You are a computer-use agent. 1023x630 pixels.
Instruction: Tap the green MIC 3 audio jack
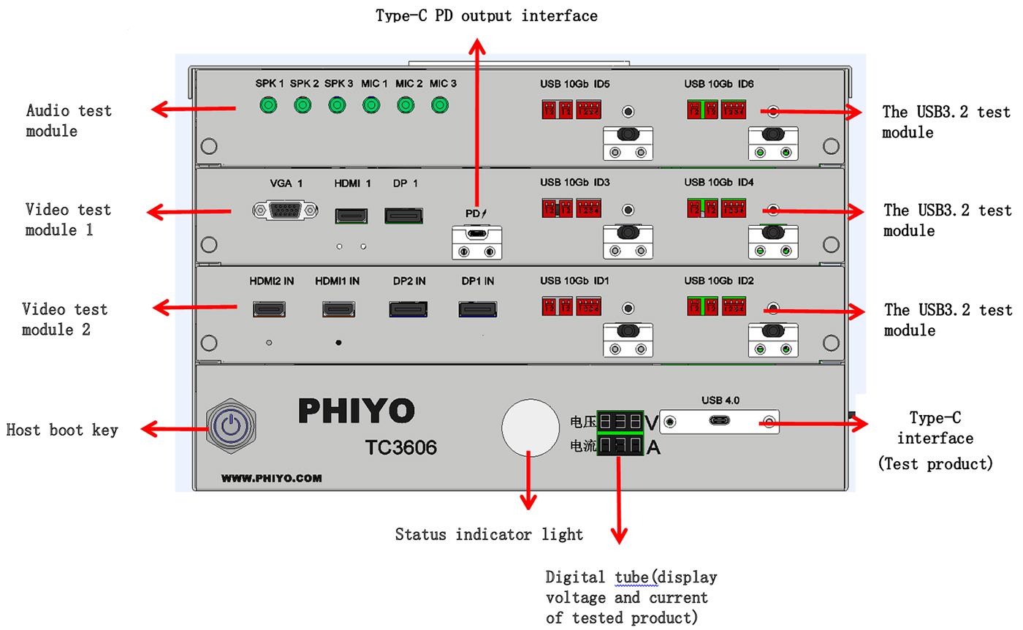(x=439, y=106)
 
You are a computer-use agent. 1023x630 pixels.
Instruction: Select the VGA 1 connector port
(x=285, y=210)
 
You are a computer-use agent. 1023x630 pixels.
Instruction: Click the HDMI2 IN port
(x=270, y=310)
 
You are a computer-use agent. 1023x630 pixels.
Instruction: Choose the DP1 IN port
(x=478, y=310)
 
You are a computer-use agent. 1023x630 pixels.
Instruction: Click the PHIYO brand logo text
(x=357, y=411)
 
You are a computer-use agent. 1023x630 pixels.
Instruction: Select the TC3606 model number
(x=401, y=447)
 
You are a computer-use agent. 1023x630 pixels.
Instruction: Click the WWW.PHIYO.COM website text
(x=271, y=479)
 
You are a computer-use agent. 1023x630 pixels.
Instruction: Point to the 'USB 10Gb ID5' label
(x=575, y=84)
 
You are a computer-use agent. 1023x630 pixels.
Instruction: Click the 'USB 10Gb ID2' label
(x=719, y=281)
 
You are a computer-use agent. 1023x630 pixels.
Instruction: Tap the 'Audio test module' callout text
(x=69, y=121)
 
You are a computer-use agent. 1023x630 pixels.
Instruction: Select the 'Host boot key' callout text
(x=62, y=430)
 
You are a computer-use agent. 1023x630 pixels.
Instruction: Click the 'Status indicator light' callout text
(x=489, y=534)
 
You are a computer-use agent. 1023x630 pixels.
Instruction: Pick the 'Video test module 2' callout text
(x=65, y=319)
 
